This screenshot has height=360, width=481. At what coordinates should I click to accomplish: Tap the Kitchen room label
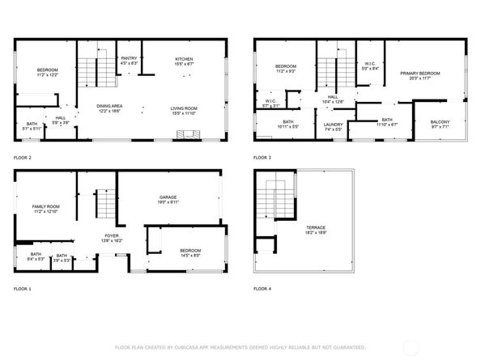tap(185, 60)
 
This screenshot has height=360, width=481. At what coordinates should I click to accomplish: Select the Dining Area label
tap(109, 108)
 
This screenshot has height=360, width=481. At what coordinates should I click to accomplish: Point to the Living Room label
tap(185, 110)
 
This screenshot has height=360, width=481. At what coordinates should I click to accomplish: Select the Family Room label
tap(46, 208)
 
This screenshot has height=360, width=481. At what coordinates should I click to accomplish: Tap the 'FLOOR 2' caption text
tap(23, 156)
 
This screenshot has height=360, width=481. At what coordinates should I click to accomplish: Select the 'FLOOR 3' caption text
tap(262, 156)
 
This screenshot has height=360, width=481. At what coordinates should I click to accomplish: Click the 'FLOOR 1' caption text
tap(23, 289)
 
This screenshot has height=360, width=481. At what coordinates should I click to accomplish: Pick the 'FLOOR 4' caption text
tap(262, 289)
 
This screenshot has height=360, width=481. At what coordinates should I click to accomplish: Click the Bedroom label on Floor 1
tap(190, 252)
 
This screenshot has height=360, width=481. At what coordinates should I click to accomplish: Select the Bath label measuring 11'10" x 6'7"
tap(386, 121)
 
